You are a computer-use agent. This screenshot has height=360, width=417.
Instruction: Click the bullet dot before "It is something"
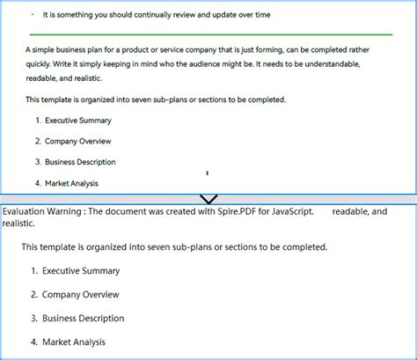33,15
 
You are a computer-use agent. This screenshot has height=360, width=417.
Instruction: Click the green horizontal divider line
208,34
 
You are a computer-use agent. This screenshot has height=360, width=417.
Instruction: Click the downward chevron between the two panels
208,199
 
